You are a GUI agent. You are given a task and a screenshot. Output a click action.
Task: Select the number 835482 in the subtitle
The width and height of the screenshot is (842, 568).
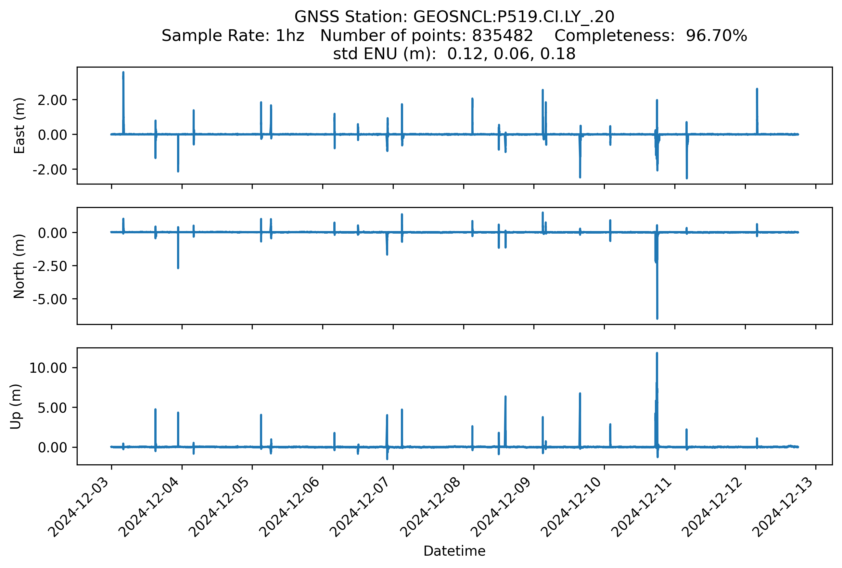click(502, 36)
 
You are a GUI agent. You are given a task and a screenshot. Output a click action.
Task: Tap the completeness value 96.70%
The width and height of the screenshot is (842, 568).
click(716, 36)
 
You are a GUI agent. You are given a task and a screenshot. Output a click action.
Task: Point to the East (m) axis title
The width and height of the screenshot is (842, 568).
click(19, 126)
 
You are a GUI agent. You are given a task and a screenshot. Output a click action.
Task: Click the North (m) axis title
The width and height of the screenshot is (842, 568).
click(19, 266)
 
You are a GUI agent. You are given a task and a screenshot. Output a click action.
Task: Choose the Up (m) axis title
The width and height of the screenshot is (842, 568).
click(16, 407)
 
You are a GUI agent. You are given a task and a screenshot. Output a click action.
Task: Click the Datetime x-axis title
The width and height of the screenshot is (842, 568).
click(454, 551)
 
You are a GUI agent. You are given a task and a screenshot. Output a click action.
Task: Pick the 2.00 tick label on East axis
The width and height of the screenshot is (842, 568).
click(52, 100)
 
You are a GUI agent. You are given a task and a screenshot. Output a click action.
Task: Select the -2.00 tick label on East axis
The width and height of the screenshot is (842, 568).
click(50, 170)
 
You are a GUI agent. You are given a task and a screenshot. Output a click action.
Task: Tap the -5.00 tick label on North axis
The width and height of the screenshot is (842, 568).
click(50, 300)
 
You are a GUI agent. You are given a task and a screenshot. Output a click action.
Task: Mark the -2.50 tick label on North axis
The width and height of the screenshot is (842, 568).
click(50, 266)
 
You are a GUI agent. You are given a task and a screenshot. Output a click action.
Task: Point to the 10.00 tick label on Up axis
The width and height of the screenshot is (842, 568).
click(48, 368)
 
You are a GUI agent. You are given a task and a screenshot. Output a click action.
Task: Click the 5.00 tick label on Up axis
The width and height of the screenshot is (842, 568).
click(52, 408)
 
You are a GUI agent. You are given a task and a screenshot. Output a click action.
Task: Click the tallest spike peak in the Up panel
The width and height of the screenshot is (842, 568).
click(657, 353)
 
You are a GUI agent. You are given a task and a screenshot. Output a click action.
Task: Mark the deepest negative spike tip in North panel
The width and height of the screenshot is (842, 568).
click(657, 318)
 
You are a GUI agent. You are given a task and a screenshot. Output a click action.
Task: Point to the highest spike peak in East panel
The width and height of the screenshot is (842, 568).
click(123, 72)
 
